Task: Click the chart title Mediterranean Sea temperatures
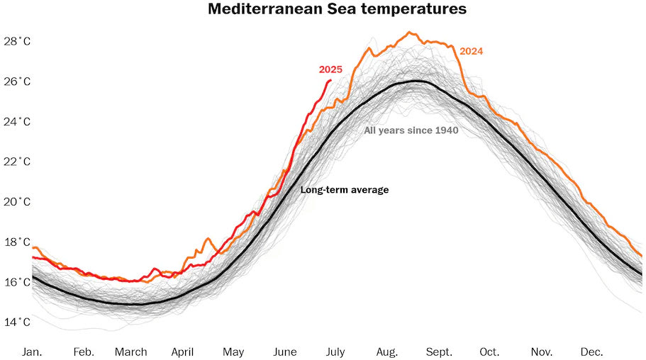(x=337, y=9)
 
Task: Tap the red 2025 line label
(x=330, y=69)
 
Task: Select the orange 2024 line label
(x=472, y=51)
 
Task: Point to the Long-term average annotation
(x=345, y=190)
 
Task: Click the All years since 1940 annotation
(x=411, y=130)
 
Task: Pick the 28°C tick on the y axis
(x=16, y=41)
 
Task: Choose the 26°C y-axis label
(x=16, y=81)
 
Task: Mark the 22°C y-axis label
(x=16, y=162)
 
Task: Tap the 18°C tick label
(x=16, y=242)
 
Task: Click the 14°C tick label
(x=16, y=322)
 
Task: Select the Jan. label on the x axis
(x=32, y=352)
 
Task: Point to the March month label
(x=131, y=352)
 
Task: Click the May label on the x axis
(x=233, y=352)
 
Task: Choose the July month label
(x=335, y=352)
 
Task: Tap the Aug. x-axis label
(x=387, y=352)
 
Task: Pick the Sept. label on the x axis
(x=439, y=352)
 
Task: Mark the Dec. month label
(x=592, y=352)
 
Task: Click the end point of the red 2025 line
(x=330, y=81)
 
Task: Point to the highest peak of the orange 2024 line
(x=409, y=32)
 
